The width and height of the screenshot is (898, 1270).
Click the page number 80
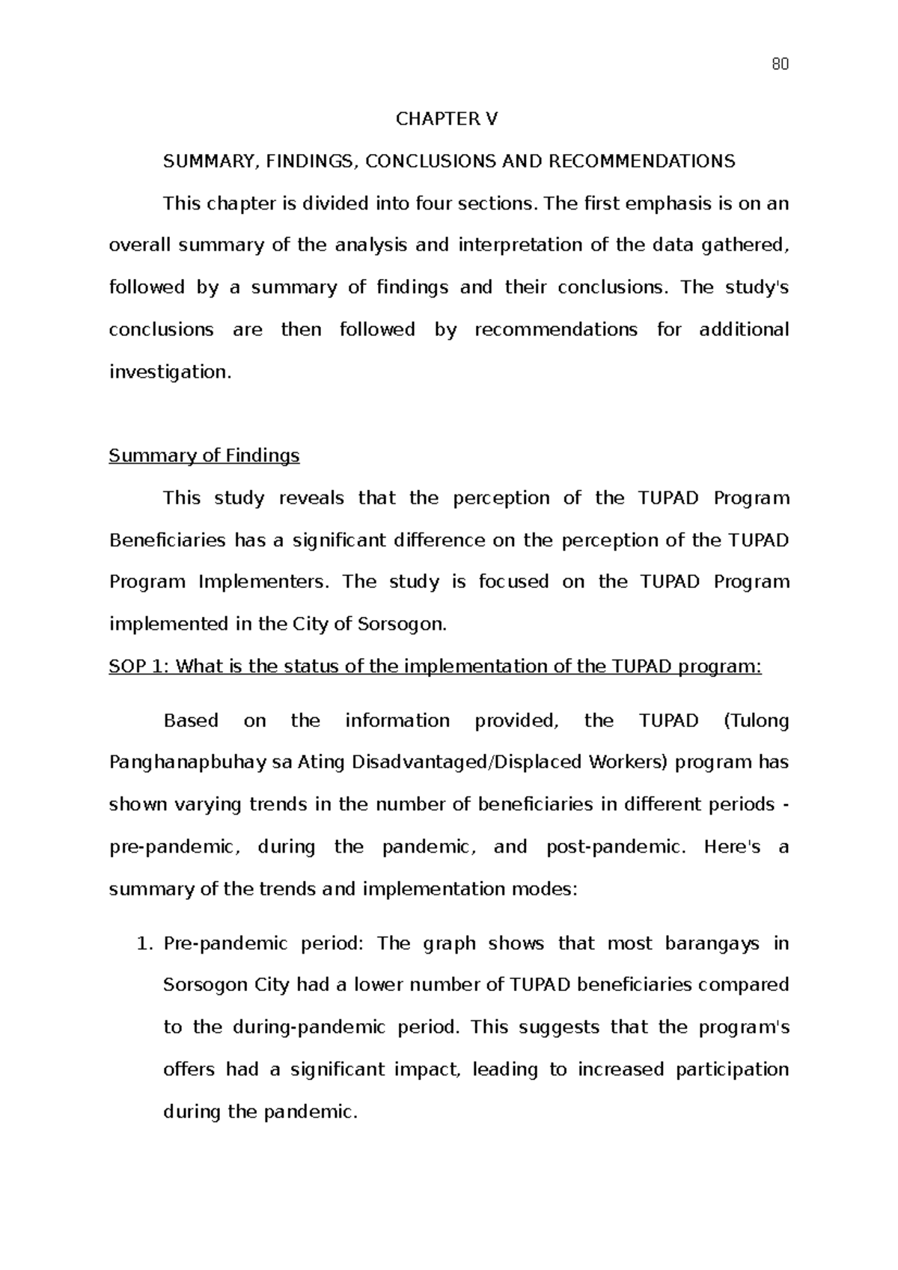[x=779, y=64]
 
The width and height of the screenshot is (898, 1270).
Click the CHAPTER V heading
[x=446, y=119]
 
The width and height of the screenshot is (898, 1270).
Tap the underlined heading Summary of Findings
[x=204, y=455]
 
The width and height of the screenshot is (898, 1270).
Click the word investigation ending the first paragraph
[x=169, y=372]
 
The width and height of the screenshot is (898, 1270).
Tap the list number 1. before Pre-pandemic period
[x=146, y=943]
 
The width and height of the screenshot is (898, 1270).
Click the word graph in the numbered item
[x=449, y=943]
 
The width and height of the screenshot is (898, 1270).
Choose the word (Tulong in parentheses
[x=757, y=721]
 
